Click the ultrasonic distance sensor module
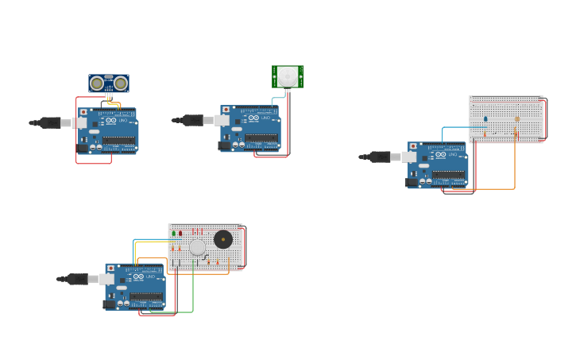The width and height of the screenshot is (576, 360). click(109, 83)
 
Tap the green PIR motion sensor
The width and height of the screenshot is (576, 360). click(288, 76)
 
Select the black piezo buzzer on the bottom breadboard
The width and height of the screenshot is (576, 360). click(223, 239)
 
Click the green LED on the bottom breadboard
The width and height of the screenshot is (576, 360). click(174, 234)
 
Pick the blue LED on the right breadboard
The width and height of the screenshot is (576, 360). click(485, 119)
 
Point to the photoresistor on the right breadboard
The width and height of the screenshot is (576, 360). click(516, 120)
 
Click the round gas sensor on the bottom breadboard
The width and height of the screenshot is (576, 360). click(197, 247)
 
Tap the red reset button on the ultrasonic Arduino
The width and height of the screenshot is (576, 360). click(83, 113)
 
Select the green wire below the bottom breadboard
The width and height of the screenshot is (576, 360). click(192, 298)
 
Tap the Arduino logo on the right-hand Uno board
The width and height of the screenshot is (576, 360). click(441, 154)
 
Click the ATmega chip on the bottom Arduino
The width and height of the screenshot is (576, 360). click(146, 296)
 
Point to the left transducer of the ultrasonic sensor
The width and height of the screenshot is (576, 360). click(97, 83)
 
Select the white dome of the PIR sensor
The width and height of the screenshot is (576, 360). click(288, 76)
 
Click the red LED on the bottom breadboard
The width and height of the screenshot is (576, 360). click(180, 234)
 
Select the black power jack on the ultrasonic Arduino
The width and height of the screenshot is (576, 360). click(82, 148)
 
